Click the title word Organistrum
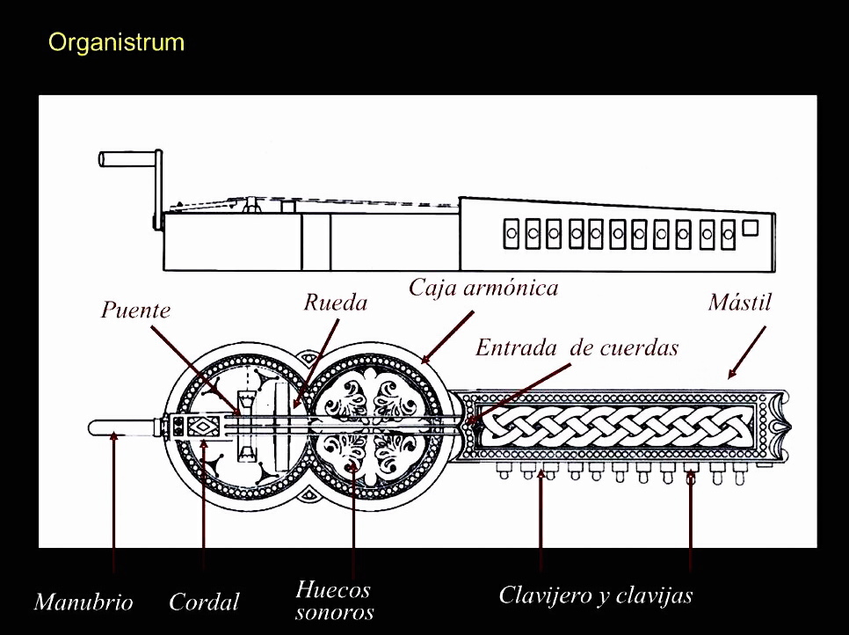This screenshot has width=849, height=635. coord(116,42)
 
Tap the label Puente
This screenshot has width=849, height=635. coord(135,310)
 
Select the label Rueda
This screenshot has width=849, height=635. coord(335,303)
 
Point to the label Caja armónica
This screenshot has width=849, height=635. coord(483,288)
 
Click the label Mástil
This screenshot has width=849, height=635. coord(739,303)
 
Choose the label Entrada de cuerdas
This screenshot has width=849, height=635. coord(577,347)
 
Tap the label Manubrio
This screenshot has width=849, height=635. coord(83,602)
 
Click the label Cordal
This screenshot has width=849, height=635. coord(204,602)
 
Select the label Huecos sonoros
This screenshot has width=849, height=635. coord(333,600)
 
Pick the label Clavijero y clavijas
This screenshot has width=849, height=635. coord(595,595)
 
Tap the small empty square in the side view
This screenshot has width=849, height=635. coord(750,228)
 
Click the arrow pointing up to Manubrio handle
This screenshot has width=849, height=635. coord(114,501)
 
